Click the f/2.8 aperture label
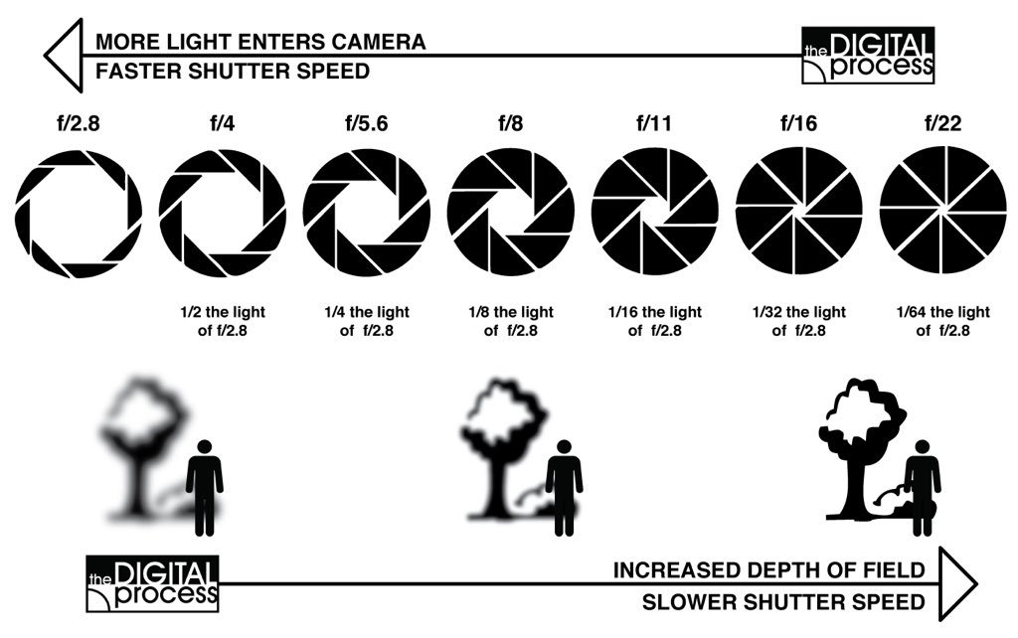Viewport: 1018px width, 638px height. coord(79,126)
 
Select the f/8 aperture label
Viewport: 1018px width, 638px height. coord(510,126)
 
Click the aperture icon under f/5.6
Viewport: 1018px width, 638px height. coord(366,211)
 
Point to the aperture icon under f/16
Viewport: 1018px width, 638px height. coord(798,211)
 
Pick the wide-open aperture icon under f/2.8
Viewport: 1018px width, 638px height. coord(79,213)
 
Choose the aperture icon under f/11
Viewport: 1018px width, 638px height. coord(654,211)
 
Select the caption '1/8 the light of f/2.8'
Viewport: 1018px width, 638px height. coord(510,321)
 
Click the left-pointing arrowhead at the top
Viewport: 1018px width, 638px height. coord(62,56)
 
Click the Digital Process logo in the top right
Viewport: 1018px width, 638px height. coord(867,56)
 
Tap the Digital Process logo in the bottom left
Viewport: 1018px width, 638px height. coord(152,583)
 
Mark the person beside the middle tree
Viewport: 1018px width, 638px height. coord(564,482)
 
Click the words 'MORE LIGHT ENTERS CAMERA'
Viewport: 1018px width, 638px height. coord(260,42)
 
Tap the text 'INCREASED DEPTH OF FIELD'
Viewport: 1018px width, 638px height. coord(769,570)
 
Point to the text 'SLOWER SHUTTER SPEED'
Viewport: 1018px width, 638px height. coord(783,601)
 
